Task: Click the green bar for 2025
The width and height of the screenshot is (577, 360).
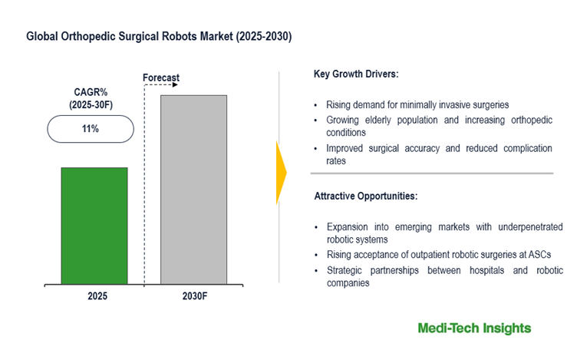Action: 94,225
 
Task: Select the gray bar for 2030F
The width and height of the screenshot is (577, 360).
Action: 193,189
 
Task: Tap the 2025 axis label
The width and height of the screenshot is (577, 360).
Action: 94,296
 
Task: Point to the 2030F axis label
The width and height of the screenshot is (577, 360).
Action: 193,296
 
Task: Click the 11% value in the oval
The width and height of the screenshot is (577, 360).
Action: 91,129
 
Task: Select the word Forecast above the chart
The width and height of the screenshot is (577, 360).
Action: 161,78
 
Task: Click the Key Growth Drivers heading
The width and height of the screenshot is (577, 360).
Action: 356,74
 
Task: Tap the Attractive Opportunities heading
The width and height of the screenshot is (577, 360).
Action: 365,197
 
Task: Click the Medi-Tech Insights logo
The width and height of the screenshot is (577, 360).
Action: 473,329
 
